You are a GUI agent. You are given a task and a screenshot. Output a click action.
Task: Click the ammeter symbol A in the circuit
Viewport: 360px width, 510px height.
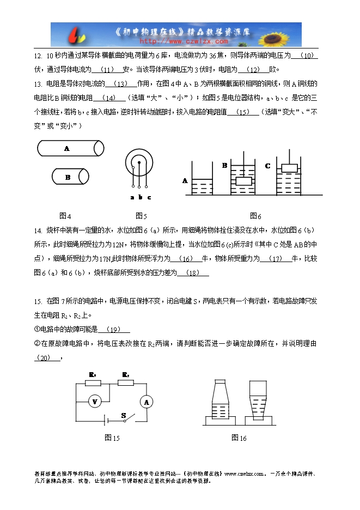pos(146,402)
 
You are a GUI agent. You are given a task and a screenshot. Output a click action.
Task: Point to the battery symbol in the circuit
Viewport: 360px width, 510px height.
pos(105,421)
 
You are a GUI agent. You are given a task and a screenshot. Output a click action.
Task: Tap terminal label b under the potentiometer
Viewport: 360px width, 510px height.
pos(140,197)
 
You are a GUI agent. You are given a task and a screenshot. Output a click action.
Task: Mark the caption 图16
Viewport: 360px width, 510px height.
pos(239,438)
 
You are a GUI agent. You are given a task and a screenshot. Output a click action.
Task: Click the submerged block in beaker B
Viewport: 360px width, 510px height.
pos(243,181)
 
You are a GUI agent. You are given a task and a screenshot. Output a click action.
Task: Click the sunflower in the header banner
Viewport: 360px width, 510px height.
pos(287,34)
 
